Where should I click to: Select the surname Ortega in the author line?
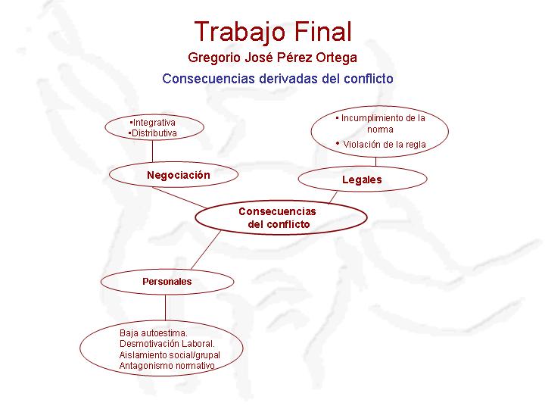click(336, 58)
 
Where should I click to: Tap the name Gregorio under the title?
click(214, 58)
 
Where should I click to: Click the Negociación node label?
click(179, 175)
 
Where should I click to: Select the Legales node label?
click(362, 180)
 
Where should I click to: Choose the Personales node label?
click(167, 281)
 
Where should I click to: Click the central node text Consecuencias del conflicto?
click(277, 217)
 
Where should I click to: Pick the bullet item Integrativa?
click(153, 123)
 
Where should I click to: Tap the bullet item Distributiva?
click(153, 133)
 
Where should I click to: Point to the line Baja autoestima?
click(153, 333)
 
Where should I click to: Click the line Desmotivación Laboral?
click(167, 344)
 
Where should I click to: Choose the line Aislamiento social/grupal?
click(170, 355)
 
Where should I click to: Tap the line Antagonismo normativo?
click(167, 366)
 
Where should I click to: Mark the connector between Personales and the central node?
click(206, 250)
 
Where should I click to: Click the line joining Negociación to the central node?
click(179, 198)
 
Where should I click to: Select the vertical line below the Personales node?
click(166, 308)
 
